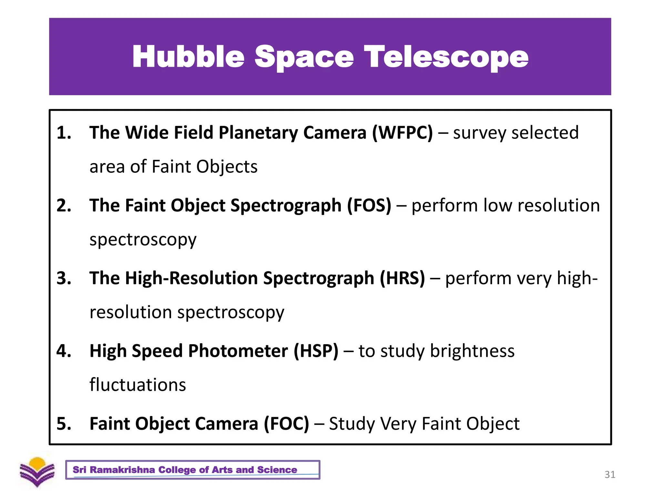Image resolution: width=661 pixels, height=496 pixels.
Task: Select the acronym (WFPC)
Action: pyautogui.click(x=402, y=133)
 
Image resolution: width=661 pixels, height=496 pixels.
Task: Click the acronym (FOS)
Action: pyautogui.click(x=369, y=205)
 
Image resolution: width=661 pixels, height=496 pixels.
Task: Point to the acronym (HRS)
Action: pyautogui.click(x=402, y=278)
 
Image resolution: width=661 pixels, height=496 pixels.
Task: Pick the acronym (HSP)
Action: pyautogui.click(x=316, y=351)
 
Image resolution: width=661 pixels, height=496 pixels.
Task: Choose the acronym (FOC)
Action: pyautogui.click(x=286, y=424)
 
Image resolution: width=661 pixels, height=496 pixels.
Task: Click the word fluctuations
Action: pyautogui.click(x=138, y=385)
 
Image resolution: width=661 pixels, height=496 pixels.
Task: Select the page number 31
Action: pyautogui.click(x=610, y=474)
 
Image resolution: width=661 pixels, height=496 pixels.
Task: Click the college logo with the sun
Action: pyautogui.click(x=37, y=472)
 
